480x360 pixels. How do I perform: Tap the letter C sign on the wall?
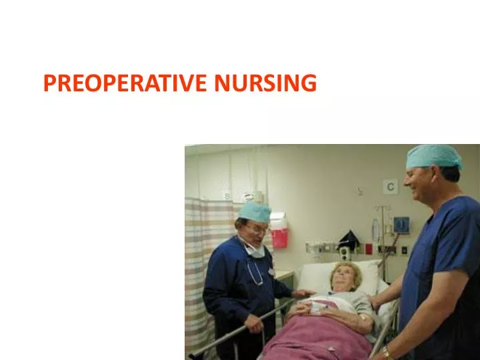390,187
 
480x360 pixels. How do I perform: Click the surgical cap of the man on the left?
255,212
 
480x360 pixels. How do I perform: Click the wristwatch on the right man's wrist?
387,351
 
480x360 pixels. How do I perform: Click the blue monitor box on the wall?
401,225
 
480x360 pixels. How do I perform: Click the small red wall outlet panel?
368,249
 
